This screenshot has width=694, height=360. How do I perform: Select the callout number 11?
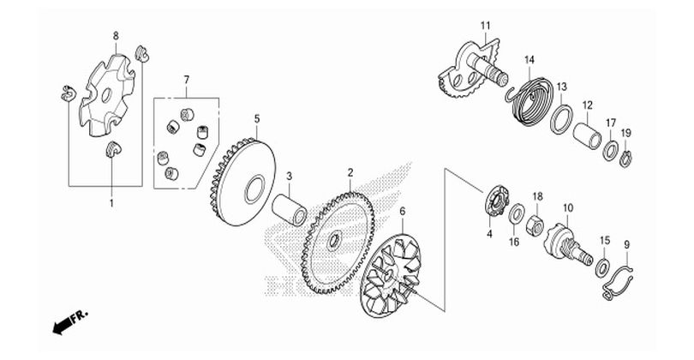pyautogui.click(x=485, y=25)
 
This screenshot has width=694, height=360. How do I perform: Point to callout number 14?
pyautogui.click(x=529, y=59)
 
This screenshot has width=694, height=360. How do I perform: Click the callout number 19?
pyautogui.click(x=625, y=133)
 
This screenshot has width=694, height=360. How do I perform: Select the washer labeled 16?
pyautogui.click(x=518, y=214)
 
